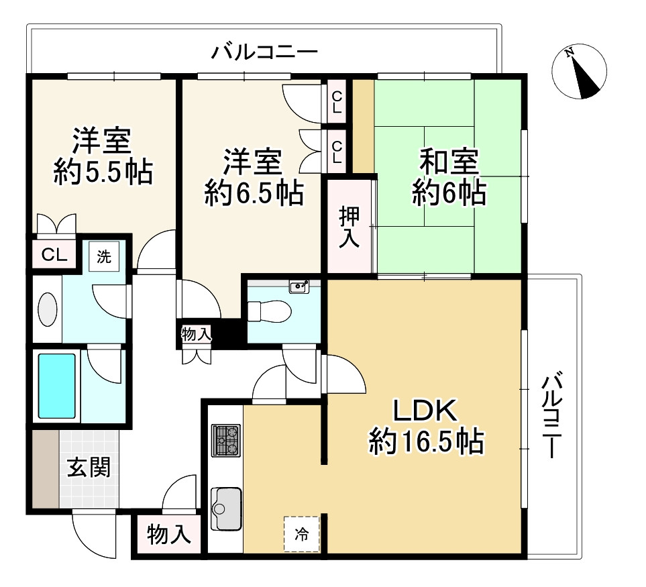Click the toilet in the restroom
point(269,311)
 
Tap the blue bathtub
point(57,386)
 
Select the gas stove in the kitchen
point(226,440)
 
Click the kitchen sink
point(226,509)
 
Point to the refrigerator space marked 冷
point(302,534)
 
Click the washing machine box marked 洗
point(104,257)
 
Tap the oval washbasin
point(48,309)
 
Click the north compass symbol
point(580,72)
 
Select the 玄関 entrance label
point(89,468)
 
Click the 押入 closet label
point(349,227)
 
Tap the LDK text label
point(426,411)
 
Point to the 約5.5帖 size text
point(103,171)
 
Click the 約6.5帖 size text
point(254,193)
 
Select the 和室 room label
point(449,161)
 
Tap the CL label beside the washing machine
point(54,256)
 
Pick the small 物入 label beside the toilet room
point(197,334)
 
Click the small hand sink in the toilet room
point(299,286)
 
